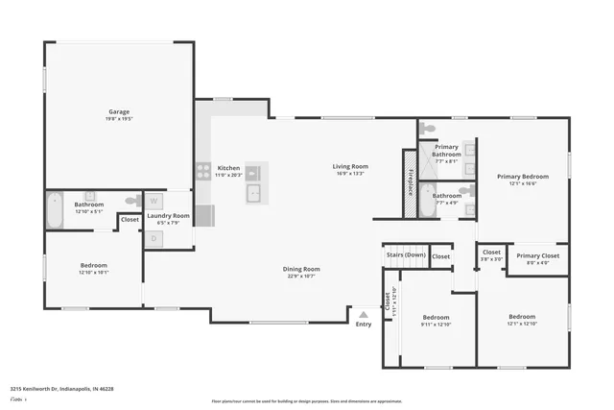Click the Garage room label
(119, 111)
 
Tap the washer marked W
(154, 203)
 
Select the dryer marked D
(154, 237)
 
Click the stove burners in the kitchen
(203, 172)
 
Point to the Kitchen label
(228, 167)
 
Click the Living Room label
(350, 166)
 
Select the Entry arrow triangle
(363, 313)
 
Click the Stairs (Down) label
(405, 255)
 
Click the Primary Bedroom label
(522, 176)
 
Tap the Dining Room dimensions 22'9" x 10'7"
(301, 277)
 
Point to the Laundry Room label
(168, 216)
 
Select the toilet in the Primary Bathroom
(430, 128)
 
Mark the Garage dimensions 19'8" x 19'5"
(119, 119)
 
